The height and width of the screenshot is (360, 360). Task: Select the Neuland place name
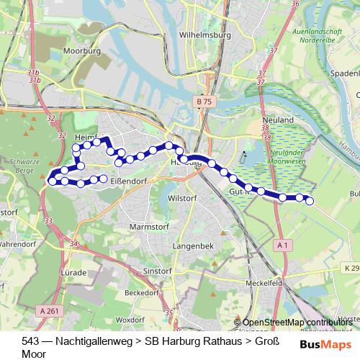pos(279,119)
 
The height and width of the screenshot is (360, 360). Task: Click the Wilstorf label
pos(181,197)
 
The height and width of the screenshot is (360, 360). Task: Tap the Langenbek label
pos(190,246)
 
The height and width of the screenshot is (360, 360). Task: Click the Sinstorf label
pos(157,270)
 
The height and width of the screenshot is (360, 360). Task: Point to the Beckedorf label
pos(141,293)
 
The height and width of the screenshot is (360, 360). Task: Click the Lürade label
pos(74,274)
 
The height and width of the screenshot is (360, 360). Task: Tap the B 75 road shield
pos(204,103)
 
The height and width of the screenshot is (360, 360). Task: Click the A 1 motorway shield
pos(283,246)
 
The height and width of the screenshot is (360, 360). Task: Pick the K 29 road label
pos(349,268)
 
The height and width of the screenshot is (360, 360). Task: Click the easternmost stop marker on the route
pos(310,202)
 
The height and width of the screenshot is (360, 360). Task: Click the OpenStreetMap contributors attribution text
pos(297,323)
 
